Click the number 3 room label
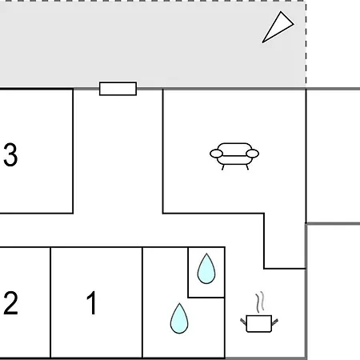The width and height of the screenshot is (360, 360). pyautogui.click(x=10, y=154)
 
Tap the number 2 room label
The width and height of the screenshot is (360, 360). pyautogui.click(x=10, y=303)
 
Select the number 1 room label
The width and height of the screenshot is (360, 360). pyautogui.click(x=92, y=303)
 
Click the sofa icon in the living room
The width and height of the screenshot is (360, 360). pyautogui.click(x=234, y=156)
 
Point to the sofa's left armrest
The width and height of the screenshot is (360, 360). pyautogui.click(x=216, y=154)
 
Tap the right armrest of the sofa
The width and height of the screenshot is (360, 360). pyautogui.click(x=252, y=154)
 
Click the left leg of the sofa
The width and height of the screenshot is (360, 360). pyautogui.click(x=223, y=167)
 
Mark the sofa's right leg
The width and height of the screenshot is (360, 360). pyautogui.click(x=247, y=167)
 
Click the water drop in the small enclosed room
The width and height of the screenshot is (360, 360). pyautogui.click(x=206, y=270)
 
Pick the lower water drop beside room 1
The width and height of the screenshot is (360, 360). pyautogui.click(x=179, y=319)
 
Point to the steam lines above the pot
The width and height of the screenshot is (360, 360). pyautogui.click(x=260, y=302)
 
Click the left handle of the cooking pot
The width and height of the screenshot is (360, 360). pyautogui.click(x=243, y=322)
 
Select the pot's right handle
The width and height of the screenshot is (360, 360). pyautogui.click(x=274, y=322)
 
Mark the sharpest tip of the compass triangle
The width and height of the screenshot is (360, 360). pyautogui.click(x=262, y=42)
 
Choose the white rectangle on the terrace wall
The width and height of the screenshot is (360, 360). pyautogui.click(x=118, y=89)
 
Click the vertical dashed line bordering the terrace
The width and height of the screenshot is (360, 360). pyautogui.click(x=306, y=44)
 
